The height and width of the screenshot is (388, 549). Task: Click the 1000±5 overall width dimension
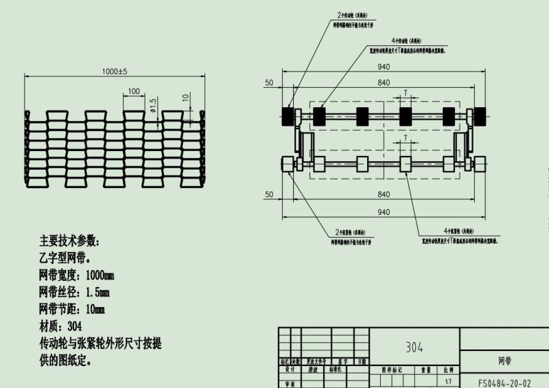coord(115,71)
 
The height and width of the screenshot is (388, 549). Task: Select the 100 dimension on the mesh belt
coord(133,91)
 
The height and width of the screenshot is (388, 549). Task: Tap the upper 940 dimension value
coord(383,67)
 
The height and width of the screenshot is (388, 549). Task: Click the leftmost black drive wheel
coord(287,115)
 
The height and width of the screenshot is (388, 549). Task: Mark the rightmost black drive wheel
coord(479,115)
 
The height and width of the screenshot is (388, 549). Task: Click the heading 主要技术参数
coord(69,242)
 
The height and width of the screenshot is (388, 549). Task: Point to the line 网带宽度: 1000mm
coord(77,275)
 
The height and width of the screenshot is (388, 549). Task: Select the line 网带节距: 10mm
coord(73,309)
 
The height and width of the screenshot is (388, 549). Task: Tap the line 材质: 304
coord(61,326)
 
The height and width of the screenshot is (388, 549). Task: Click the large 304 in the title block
coord(414,347)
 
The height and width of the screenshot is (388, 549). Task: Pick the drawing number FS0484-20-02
coord(504,383)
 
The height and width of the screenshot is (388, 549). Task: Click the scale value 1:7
coord(448,380)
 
